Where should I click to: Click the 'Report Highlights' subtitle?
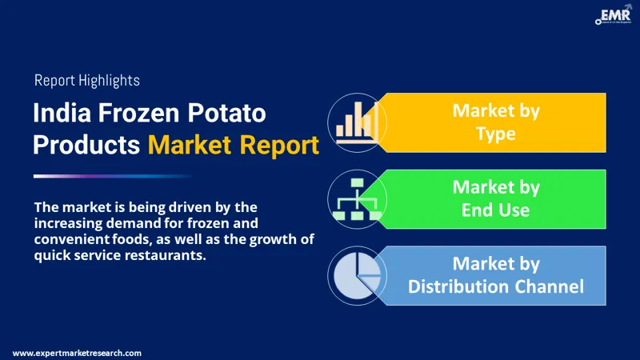pos(87,80)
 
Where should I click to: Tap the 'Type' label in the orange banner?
pos(495,134)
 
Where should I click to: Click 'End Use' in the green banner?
pos(496,210)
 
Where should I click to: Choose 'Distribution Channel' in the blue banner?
pos(496,286)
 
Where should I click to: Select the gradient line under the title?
pos(112,176)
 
